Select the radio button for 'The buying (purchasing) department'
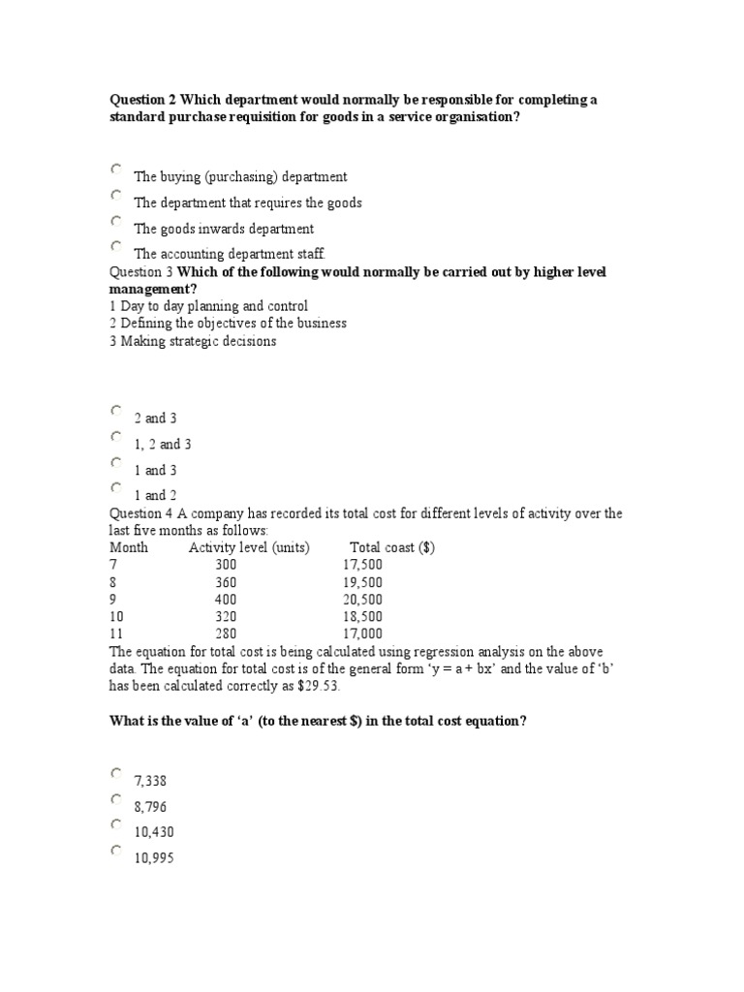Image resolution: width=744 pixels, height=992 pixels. [x=116, y=169]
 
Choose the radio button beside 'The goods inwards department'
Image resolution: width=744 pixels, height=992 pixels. [x=116, y=221]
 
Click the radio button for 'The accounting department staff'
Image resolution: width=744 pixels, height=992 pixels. [x=116, y=246]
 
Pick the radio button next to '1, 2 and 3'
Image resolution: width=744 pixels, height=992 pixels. [x=116, y=436]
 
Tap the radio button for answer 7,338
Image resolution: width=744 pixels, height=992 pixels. [x=116, y=773]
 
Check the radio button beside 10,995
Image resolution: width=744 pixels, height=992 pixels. [x=116, y=851]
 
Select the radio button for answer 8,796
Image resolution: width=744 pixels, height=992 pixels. [x=116, y=799]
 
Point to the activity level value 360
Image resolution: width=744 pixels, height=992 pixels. [x=226, y=582]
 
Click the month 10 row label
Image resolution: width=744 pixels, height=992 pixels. [x=117, y=616]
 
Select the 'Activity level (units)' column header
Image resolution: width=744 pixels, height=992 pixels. [x=249, y=547]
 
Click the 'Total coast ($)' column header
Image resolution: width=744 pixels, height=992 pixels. [x=391, y=547]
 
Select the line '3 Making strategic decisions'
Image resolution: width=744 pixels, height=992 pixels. [x=193, y=341]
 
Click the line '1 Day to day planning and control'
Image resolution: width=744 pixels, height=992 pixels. [x=209, y=306]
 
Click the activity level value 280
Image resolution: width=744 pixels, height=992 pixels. [x=226, y=634]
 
